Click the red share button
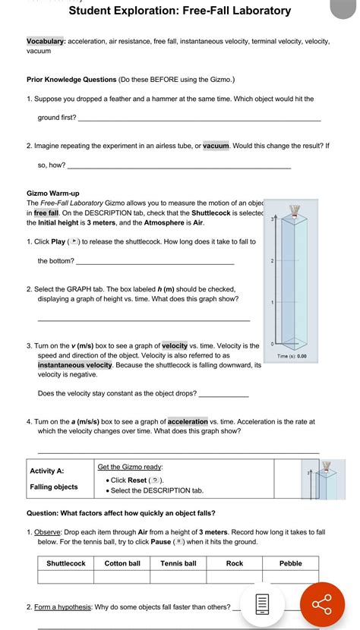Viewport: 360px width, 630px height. [x=322, y=604]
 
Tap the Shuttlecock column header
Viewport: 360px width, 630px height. [x=66, y=563]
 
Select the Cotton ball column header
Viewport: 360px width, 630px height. [x=122, y=563]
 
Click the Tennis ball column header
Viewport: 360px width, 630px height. [x=178, y=563]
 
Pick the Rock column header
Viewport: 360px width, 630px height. [x=235, y=563]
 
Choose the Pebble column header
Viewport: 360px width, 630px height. [x=290, y=563]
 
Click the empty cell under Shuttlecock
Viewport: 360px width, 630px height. [x=66, y=577]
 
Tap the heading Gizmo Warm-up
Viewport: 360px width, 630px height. [x=52, y=194]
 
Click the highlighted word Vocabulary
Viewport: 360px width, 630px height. [x=46, y=41]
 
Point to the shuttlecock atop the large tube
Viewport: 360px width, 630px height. [x=295, y=211]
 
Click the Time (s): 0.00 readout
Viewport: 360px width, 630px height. [x=292, y=356]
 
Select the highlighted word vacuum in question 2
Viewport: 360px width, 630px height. [x=216, y=146]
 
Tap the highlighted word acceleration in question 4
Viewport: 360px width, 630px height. [x=188, y=421]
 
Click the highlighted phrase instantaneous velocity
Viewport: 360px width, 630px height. [x=75, y=365]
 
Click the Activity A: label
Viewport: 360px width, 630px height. [x=46, y=471]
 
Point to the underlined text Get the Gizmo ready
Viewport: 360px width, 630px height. [x=130, y=467]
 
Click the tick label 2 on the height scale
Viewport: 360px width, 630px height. [x=272, y=261]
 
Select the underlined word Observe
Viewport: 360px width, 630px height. [x=47, y=532]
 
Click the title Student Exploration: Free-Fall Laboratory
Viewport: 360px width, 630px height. [x=180, y=11]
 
